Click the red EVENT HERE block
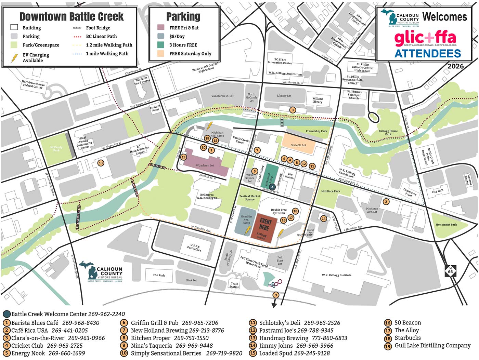point(264,227)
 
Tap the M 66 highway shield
point(450,270)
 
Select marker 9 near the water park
point(276,295)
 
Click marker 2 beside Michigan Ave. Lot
point(386,202)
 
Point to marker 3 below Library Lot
point(292,110)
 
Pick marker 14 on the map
point(324,218)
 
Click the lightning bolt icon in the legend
point(14,58)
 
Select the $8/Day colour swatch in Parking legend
point(161,36)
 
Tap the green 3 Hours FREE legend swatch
point(161,45)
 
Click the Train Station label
point(234,285)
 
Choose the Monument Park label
point(446,225)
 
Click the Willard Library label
point(317,100)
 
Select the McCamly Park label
point(56,149)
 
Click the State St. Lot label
point(298,145)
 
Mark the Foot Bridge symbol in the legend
point(77,28)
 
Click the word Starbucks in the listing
point(407,338)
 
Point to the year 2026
point(455,66)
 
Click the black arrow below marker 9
point(274,304)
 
